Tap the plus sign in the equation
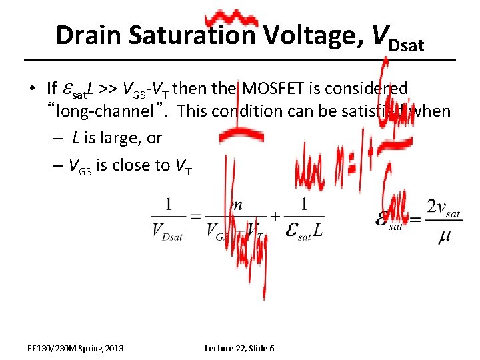pos(273,217)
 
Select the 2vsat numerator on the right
pos(444,207)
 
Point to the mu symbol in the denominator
pos(444,237)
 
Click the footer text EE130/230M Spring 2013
pos(75,348)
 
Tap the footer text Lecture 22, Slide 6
pos(239,348)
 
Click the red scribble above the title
pos(231,19)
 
